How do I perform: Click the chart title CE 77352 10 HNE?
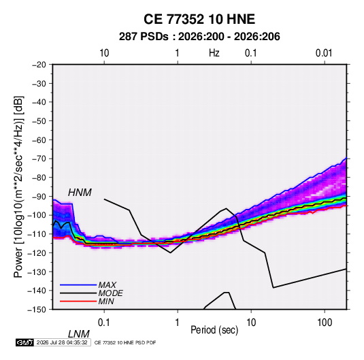199,19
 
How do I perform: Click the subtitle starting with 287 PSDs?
199,37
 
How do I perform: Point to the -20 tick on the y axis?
39,65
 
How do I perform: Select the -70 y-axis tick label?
39,159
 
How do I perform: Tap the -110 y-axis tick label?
37,234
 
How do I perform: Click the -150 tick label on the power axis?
37,310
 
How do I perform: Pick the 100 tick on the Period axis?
325,323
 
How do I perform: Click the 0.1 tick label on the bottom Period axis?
104,323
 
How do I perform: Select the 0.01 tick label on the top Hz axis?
324,53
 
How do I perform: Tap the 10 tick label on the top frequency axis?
104,53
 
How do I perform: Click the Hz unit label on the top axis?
214,53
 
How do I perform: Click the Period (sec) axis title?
214,330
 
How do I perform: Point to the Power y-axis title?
18,186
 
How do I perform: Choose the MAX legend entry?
107,285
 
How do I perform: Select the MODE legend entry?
110,293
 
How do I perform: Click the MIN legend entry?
106,301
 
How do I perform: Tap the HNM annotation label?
80,193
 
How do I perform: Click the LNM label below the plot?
79,334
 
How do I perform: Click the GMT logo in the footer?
25,342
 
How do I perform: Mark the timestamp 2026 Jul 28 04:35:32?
62,342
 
